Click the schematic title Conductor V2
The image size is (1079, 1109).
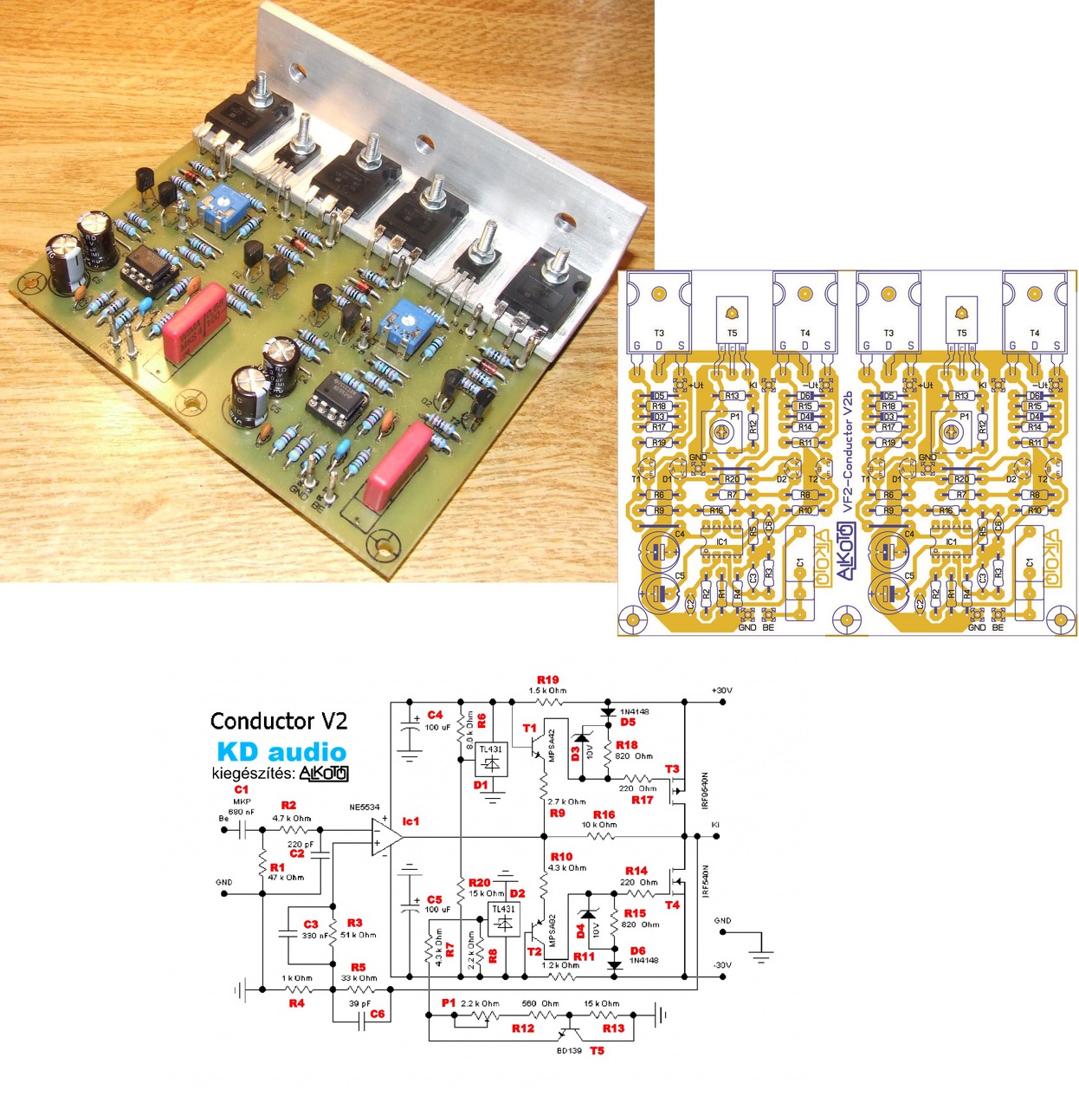pos(279,721)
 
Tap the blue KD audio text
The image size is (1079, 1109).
pos(281,751)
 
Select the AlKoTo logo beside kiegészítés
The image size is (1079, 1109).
pos(323,773)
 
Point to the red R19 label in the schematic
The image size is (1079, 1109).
pos(547,680)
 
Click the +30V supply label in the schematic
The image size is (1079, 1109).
pos(721,691)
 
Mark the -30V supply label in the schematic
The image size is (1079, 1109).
pos(722,965)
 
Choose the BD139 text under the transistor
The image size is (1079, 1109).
pos(569,1051)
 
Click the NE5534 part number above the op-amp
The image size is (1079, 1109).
pos(364,807)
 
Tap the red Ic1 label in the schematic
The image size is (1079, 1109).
pos(410,821)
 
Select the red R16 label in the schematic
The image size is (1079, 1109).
pos(604,814)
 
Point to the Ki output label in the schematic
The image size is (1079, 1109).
pos(715,825)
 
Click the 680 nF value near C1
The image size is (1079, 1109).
pos(242,812)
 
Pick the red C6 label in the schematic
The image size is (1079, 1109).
pos(377,1014)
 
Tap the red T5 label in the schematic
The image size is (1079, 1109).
pos(597,1051)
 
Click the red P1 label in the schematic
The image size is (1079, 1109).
pos(449,1002)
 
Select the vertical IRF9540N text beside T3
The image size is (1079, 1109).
pos(705,790)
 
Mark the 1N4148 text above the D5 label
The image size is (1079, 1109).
pos(634,712)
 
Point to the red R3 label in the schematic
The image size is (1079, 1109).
pos(354,924)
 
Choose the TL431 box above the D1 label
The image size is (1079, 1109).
pos(490,758)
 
